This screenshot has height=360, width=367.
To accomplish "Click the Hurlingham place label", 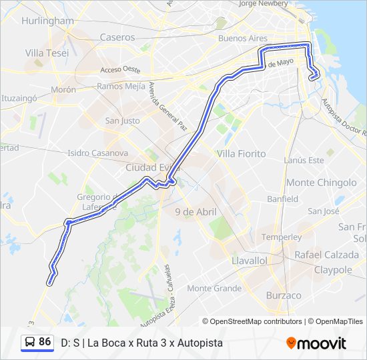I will tap(47, 21).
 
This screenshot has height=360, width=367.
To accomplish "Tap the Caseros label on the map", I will tap(117, 37).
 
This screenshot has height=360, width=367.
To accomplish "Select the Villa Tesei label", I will tap(47, 53).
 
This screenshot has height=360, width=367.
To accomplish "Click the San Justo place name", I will tap(122, 121).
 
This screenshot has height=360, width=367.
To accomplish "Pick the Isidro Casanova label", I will tap(98, 153).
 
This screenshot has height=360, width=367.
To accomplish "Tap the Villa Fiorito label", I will tap(241, 153).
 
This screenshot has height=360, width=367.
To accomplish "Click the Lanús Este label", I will tap(304, 160).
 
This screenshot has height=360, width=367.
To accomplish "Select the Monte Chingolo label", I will tap(321, 182).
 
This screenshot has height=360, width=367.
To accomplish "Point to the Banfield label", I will tap(282, 199).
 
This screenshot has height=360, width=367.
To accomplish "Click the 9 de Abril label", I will tap(196, 211).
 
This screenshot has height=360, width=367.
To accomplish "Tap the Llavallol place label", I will tap(249, 260).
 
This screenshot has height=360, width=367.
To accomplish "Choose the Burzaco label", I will tap(284, 295).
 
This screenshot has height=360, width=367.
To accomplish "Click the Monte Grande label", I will tap(214, 288).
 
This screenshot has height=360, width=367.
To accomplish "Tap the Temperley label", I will tap(282, 237).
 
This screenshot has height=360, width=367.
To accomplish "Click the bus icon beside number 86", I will tap(30, 342).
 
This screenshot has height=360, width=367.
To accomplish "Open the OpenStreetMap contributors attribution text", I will tap(256, 321).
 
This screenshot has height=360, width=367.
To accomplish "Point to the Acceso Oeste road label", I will tap(120, 69).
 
